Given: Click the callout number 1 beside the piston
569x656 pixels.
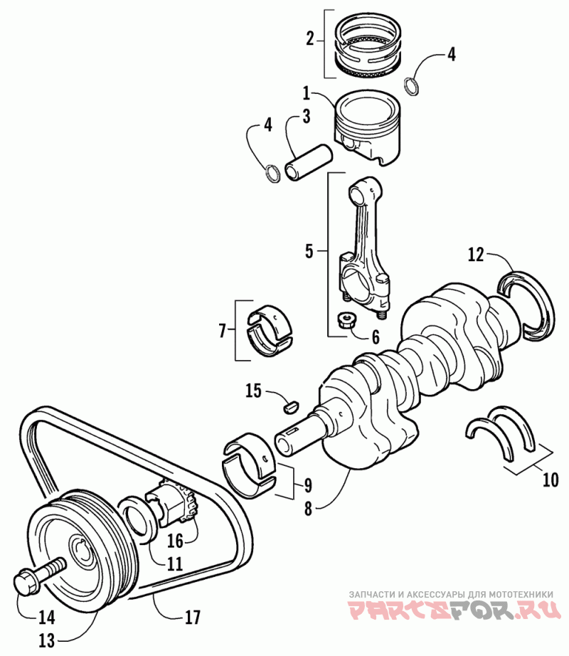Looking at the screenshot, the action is (x=306, y=92).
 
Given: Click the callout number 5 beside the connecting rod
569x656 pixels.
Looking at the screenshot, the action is (x=309, y=250).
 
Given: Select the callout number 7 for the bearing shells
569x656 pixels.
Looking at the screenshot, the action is (x=223, y=330).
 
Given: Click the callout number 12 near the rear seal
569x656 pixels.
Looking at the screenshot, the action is (x=476, y=253).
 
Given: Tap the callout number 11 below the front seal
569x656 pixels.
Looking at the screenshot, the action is (x=175, y=564).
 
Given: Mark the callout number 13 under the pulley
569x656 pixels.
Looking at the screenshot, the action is (x=46, y=640).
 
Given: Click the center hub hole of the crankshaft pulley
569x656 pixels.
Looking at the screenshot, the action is (x=84, y=551).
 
